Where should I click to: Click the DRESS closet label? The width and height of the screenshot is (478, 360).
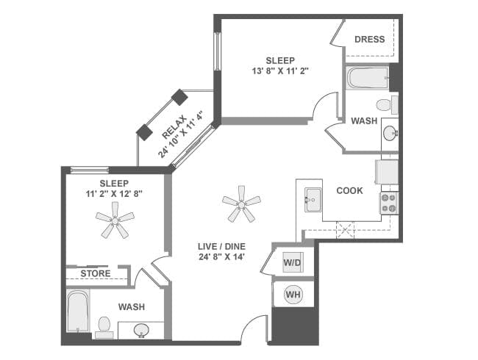(x=370, y=40)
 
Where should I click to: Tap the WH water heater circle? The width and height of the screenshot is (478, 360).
(x=293, y=295)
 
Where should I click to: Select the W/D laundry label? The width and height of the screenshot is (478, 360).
(x=292, y=262)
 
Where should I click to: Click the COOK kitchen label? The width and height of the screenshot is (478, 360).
(x=349, y=190)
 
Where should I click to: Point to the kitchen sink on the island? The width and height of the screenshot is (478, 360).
(x=313, y=199)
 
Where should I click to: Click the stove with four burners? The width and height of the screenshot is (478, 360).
(x=388, y=203)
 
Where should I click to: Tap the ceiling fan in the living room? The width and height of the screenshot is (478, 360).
(x=241, y=203)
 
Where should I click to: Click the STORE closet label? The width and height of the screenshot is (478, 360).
(x=96, y=273)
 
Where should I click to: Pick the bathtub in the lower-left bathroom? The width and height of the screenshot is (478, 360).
(x=78, y=312)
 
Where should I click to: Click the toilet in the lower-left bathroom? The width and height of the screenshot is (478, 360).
(x=104, y=325)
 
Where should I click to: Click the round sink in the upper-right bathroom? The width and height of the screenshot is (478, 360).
(x=390, y=134)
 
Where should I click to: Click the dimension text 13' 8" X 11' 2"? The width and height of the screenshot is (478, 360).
(x=280, y=72)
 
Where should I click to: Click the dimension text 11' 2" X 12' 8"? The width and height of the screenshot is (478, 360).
(x=114, y=195)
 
